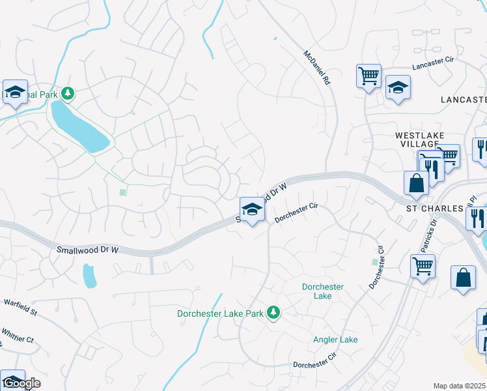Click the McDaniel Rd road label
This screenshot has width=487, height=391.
pyautogui.click(x=318, y=68)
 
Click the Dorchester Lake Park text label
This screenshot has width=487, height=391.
pyautogui.click(x=220, y=314)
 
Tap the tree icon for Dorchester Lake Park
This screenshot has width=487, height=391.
pyautogui.click(x=274, y=313)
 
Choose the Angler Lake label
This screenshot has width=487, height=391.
pyautogui.click(x=335, y=340)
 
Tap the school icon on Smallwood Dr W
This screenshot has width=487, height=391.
pyautogui.click(x=252, y=210)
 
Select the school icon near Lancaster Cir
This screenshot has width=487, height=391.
pyautogui.click(x=397, y=87)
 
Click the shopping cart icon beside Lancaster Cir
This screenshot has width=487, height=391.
pyautogui.click(x=369, y=76)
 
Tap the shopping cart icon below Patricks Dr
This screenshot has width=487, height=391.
pyautogui.click(x=423, y=266)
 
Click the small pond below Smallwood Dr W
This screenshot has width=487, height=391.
pyautogui.click(x=90, y=276)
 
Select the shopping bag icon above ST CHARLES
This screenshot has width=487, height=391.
pyautogui.click(x=416, y=183)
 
